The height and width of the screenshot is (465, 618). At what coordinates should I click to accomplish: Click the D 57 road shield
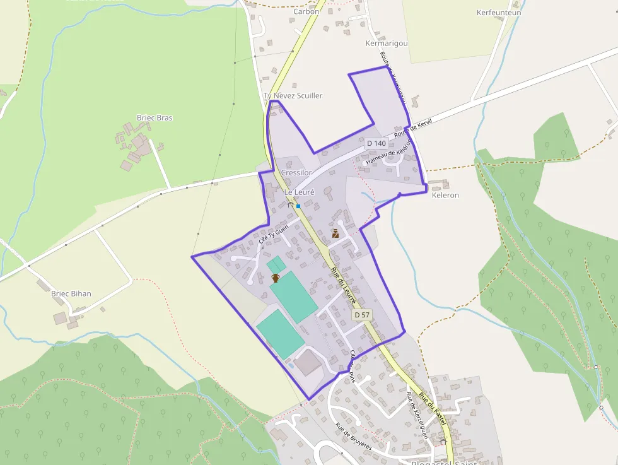(x=361, y=314)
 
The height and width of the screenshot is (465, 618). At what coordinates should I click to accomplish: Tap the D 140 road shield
(x=376, y=143)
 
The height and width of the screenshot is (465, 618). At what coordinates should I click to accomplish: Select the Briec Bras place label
(x=154, y=118)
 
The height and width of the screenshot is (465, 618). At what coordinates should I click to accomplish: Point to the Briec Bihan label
(x=71, y=293)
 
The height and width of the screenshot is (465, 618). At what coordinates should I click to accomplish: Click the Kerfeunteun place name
(x=499, y=13)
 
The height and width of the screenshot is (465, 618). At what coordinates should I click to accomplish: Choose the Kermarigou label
(x=387, y=44)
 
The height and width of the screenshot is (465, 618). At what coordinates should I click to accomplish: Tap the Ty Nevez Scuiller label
(x=293, y=96)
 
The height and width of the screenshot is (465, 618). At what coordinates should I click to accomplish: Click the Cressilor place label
(x=296, y=172)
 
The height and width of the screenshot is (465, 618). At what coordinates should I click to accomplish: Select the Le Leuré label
(x=300, y=192)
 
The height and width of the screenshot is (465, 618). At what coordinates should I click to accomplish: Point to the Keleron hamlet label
(x=445, y=196)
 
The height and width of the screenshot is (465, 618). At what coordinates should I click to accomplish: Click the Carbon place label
(x=306, y=11)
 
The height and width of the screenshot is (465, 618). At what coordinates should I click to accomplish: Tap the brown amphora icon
(x=276, y=278)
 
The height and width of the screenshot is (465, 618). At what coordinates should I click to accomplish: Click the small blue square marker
(x=298, y=206)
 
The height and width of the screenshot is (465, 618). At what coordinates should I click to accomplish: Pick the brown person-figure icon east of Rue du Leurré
(x=335, y=233)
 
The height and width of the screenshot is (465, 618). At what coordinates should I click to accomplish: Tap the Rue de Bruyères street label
(x=353, y=436)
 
